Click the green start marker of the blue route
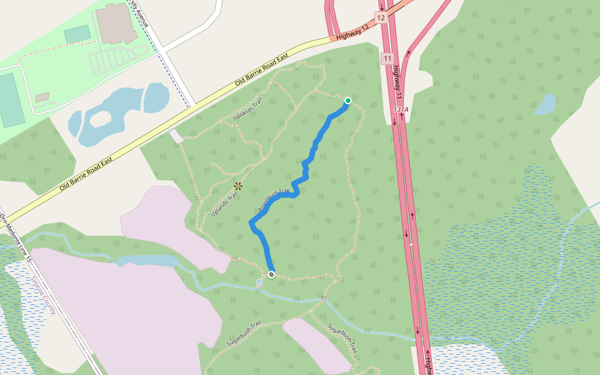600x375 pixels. (347, 101)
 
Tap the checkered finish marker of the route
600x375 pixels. (271, 274)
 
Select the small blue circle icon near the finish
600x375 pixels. (259, 283)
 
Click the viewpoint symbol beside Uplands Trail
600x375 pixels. (237, 186)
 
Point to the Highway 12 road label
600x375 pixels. (353, 34)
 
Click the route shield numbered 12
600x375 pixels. (381, 17)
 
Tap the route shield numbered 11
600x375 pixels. (387, 59)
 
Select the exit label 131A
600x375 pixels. (401, 109)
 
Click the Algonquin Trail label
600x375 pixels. (274, 199)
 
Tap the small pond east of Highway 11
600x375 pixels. (545, 104)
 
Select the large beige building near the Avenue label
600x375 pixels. (116, 23)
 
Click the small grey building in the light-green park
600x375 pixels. (42, 97)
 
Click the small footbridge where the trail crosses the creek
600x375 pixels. (323, 300)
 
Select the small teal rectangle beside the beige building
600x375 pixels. (77, 34)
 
